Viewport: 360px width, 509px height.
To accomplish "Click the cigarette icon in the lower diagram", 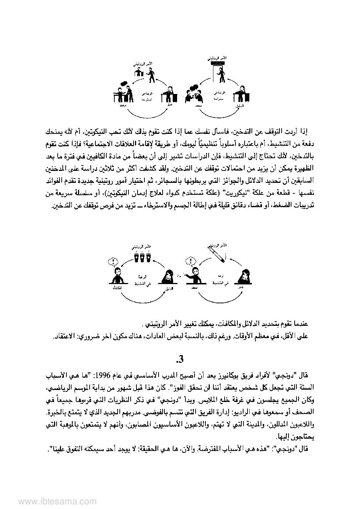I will click(x=216, y=254).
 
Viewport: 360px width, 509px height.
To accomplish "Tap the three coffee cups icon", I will click(x=142, y=257).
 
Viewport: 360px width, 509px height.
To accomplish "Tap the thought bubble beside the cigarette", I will click(x=191, y=261).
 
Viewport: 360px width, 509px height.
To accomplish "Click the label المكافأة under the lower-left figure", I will click(x=117, y=288).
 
